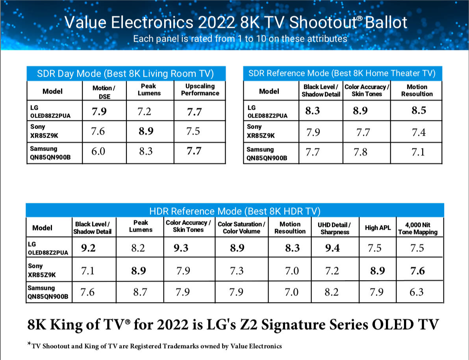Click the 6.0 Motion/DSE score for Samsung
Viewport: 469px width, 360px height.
coord(98,152)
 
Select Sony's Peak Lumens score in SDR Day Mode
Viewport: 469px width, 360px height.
coord(146,131)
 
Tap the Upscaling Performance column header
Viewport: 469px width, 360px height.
coord(200,90)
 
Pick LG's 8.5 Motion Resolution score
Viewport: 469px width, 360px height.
coord(419,111)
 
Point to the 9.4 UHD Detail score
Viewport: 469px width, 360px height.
coord(336,248)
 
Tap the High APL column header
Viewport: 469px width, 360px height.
coord(377,228)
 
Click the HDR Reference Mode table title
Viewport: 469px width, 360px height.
coord(235,211)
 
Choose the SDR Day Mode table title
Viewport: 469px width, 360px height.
coord(126,74)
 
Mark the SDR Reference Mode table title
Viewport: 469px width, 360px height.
coord(342,73)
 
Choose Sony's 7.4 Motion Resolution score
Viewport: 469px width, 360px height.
coord(419,133)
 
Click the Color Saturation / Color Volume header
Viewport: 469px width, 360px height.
coord(241,228)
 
